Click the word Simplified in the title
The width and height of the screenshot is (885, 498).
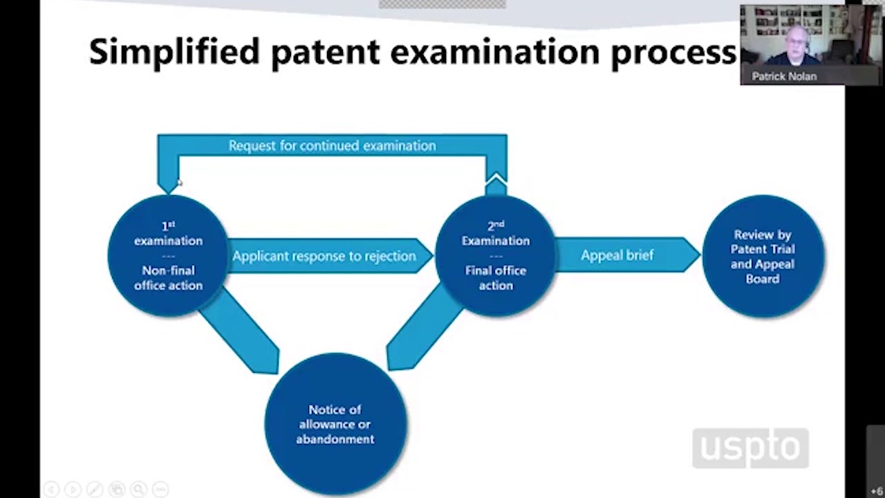click(174, 53)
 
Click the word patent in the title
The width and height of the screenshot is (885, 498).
click(325, 53)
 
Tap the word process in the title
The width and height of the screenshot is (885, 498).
click(673, 53)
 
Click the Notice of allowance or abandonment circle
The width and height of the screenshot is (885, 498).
click(335, 424)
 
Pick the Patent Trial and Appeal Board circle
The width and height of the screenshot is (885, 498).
click(763, 257)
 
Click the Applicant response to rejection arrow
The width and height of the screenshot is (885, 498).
click(324, 256)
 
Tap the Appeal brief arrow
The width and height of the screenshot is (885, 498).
click(617, 255)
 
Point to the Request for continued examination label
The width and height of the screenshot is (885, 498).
click(332, 145)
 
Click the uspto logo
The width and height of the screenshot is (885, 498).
click(750, 448)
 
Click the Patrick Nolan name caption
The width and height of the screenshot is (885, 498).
click(784, 76)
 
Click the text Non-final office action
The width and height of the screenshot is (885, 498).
click(168, 278)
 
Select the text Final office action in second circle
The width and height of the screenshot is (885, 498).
click(496, 278)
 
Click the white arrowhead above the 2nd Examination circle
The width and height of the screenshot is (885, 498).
click(496, 183)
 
